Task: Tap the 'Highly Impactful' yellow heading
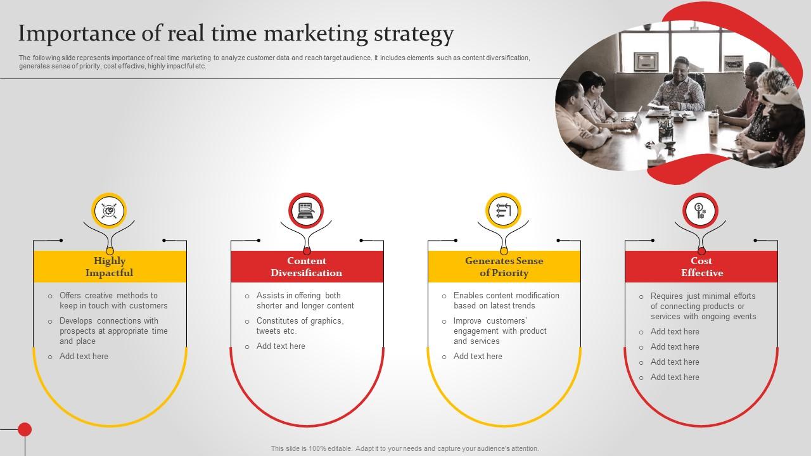(x=110, y=267)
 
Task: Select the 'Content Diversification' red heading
(x=307, y=267)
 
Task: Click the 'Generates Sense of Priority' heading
(x=504, y=267)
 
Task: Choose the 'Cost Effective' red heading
(x=701, y=267)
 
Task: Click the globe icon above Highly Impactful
(x=110, y=210)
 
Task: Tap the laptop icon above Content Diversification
(x=307, y=210)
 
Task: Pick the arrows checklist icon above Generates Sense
(x=504, y=210)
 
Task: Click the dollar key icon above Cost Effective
(x=700, y=210)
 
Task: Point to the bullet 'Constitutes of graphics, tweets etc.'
(x=300, y=326)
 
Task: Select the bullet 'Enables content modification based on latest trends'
(x=506, y=300)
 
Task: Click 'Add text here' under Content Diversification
(x=281, y=346)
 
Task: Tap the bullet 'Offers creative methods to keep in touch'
(x=113, y=300)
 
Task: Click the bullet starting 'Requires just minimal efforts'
(x=703, y=306)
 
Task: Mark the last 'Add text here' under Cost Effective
(x=675, y=377)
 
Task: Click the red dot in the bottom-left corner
(x=25, y=429)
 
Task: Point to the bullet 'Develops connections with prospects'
(x=113, y=331)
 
